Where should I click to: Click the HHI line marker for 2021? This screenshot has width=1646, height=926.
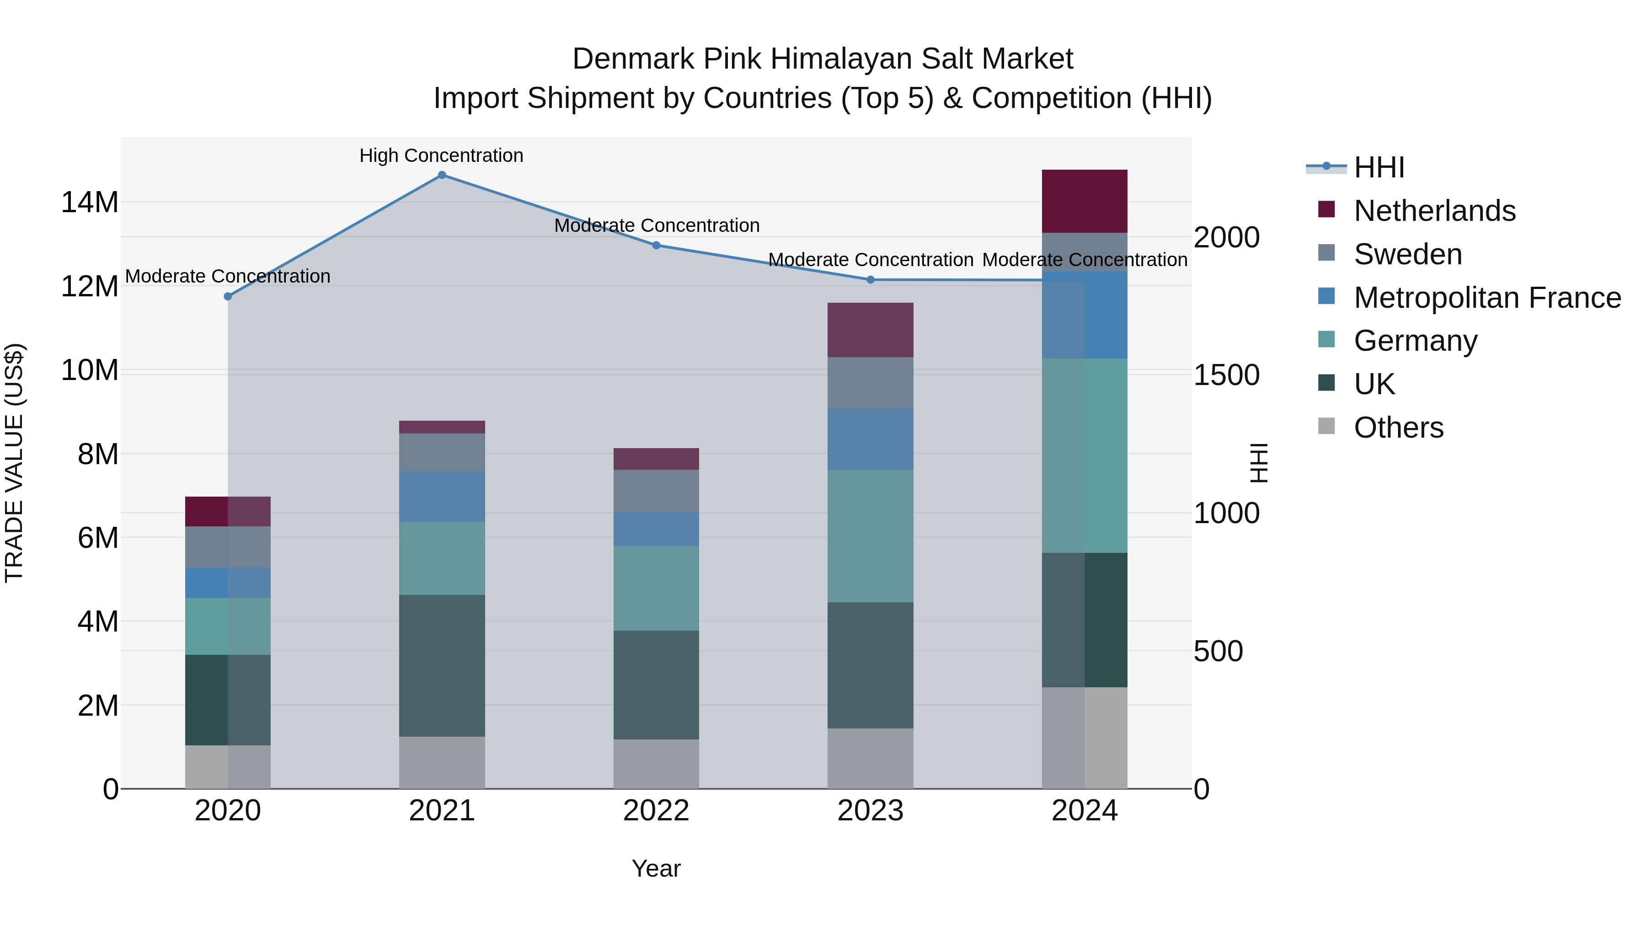pyautogui.click(x=442, y=175)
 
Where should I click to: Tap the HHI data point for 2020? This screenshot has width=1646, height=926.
pyautogui.click(x=228, y=296)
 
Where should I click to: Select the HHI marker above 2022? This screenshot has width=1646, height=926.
pyautogui.click(x=656, y=246)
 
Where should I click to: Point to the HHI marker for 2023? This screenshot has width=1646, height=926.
pyautogui.click(x=870, y=280)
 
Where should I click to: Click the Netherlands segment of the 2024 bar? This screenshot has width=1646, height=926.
pyautogui.click(x=1085, y=201)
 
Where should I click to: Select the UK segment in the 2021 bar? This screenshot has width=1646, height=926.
pyautogui.click(x=442, y=665)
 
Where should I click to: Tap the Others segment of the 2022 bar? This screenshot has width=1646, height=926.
pyautogui.click(x=656, y=764)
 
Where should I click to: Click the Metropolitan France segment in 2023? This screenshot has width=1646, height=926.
pyautogui.click(x=870, y=439)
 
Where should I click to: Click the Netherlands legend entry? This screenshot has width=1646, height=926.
pyautogui.click(x=1434, y=211)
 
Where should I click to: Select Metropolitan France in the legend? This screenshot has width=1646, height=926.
pyautogui.click(x=1487, y=298)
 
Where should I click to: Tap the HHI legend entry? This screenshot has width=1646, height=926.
pyautogui.click(x=1379, y=167)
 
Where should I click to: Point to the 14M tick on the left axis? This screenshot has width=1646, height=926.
pyautogui.click(x=90, y=203)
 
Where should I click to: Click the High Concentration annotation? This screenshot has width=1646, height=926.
pyautogui.click(x=442, y=156)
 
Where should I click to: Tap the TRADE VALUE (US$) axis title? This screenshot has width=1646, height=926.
pyautogui.click(x=15, y=463)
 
